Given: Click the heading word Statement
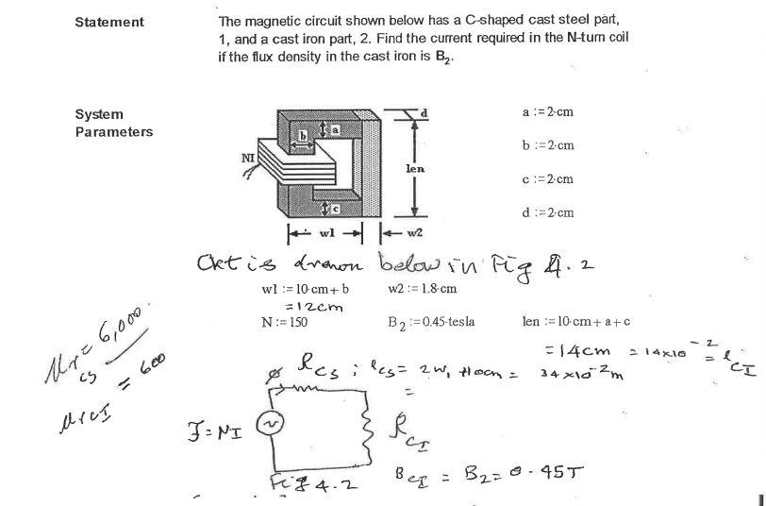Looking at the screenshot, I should coord(109,22).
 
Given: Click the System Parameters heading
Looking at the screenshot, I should coord(113,123).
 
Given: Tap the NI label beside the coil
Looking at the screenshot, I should coord(249,158).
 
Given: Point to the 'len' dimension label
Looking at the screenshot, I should coord(415,168).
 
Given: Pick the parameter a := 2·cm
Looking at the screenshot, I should coord(548,112).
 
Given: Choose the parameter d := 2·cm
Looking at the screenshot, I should coord(548,212).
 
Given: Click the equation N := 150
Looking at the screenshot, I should coord(284,322).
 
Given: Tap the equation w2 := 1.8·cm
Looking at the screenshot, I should coord(422,288).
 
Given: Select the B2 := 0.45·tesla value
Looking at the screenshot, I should coord(431,322).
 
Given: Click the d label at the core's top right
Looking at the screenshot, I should coord(425,112).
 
